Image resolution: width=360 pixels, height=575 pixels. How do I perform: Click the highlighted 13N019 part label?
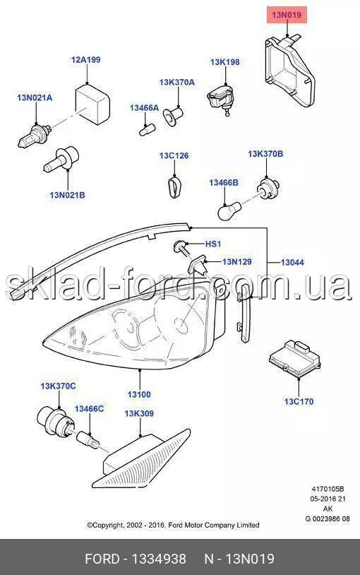[287, 15]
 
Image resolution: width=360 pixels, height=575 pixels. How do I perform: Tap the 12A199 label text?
[86, 59]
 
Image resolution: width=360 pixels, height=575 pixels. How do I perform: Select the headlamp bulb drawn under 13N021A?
[33, 135]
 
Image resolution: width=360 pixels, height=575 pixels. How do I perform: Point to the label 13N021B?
[67, 195]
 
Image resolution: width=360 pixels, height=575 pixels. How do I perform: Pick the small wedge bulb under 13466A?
[148, 129]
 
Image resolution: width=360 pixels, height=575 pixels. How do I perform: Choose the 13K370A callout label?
[176, 82]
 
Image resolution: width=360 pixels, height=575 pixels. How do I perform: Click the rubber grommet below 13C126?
[174, 186]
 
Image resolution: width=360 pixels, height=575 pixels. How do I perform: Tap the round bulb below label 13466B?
[229, 211]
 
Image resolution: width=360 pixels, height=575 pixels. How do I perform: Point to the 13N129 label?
[236, 261]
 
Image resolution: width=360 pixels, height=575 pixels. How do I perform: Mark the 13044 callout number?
[292, 262]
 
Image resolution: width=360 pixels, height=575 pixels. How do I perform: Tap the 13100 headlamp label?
[139, 395]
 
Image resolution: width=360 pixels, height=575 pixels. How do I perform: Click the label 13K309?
[139, 413]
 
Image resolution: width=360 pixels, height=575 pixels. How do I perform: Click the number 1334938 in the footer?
[159, 559]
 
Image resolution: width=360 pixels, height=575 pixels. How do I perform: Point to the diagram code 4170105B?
[328, 489]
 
